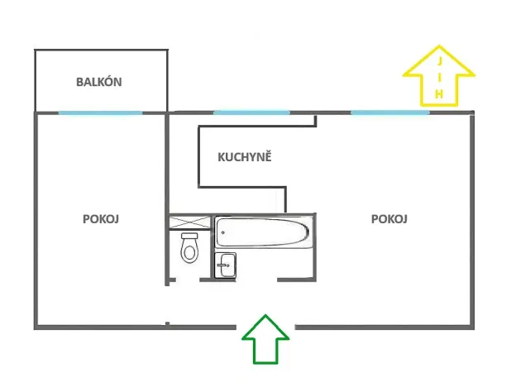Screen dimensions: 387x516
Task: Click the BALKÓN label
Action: (99, 82)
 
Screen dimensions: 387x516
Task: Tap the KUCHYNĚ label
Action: (245, 156)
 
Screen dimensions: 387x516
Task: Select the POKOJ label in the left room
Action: (102, 219)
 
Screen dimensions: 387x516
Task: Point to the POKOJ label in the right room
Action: (390, 219)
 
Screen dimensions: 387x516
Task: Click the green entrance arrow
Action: (265, 339)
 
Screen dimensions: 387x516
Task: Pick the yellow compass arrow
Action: (438, 76)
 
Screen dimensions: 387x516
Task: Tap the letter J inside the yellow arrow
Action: (439, 62)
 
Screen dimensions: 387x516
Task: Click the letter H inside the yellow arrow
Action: (439, 96)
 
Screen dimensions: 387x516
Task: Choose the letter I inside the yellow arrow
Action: (439, 79)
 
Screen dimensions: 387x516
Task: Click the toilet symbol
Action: (190, 247)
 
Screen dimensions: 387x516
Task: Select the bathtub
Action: (264, 232)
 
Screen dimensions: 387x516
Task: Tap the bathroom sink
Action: (226, 265)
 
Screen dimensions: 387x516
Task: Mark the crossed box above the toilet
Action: (189, 222)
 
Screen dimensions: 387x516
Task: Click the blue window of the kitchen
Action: (251, 112)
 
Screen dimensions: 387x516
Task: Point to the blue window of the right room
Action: (389, 112)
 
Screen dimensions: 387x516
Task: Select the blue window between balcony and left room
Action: (100, 112)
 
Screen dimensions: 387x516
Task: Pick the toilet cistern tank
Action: (190, 236)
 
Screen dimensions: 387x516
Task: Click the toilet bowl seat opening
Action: (190, 251)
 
